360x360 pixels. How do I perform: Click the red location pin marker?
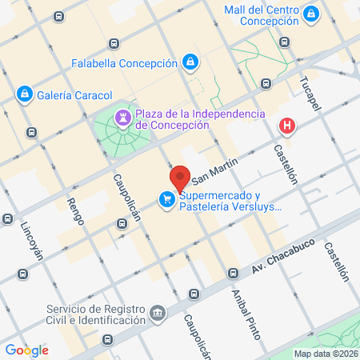[179, 178]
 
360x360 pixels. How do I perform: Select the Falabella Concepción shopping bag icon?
[190, 62]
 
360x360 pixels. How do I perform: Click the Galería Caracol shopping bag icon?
[25, 94]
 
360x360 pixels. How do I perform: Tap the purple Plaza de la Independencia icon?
[122, 118]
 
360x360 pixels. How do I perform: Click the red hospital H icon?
[286, 126]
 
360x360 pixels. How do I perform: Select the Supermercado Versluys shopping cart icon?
[166, 200]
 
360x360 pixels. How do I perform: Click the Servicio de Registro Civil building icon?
[158, 310]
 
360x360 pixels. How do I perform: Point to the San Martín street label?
[210, 170]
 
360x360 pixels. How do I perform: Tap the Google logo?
[26, 350]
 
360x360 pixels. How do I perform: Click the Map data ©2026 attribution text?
[324, 354]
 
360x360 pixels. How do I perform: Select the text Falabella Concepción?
[123, 62]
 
